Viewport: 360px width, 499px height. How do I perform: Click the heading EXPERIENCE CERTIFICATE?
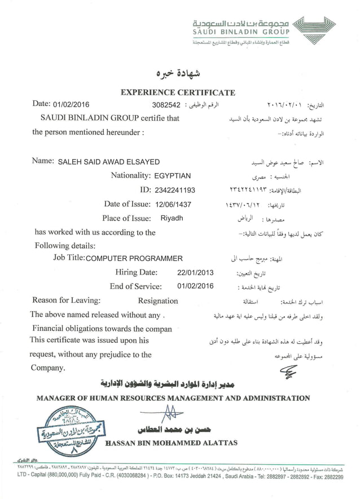(178, 92)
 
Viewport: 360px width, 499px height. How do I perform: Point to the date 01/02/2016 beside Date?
(71, 104)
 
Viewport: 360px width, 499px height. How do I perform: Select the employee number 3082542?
(166, 105)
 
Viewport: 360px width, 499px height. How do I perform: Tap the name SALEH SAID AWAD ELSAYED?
(109, 162)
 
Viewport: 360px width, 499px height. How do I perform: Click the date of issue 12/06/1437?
(175, 204)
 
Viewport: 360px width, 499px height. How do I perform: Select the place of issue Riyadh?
(172, 218)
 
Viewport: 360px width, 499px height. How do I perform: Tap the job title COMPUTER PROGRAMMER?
(134, 258)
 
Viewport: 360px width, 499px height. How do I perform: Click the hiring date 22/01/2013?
(196, 272)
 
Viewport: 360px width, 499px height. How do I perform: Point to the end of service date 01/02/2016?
(195, 286)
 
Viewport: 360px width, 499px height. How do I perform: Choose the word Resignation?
(158, 301)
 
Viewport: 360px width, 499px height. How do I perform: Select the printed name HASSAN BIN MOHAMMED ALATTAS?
(172, 443)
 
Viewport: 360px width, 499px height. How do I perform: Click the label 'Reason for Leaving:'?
(67, 301)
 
